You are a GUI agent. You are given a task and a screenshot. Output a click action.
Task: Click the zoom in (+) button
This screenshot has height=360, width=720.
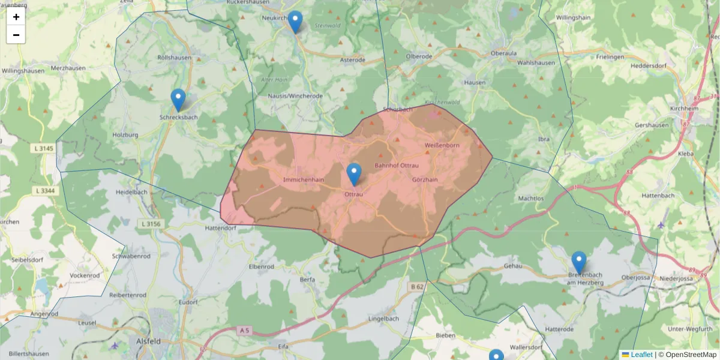(x=16, y=17)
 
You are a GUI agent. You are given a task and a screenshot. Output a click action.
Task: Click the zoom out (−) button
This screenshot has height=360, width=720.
(x=16, y=35)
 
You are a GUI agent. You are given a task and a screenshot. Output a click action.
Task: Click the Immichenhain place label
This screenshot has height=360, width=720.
(x=304, y=179)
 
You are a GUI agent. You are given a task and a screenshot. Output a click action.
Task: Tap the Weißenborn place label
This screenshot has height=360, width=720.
(x=442, y=146)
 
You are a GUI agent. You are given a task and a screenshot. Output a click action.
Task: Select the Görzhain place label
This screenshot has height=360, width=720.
(x=425, y=179)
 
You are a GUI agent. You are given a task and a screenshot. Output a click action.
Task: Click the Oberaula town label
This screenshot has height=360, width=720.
(x=503, y=53)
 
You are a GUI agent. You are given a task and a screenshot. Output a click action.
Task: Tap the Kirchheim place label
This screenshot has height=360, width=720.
(x=686, y=108)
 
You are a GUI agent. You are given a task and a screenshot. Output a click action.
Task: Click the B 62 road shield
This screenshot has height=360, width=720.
(x=417, y=287)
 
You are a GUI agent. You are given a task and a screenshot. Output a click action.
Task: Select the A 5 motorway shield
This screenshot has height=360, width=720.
(x=244, y=330)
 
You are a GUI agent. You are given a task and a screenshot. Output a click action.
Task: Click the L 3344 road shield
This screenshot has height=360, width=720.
(x=45, y=191)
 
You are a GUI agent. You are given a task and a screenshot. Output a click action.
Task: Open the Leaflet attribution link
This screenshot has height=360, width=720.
(x=641, y=355)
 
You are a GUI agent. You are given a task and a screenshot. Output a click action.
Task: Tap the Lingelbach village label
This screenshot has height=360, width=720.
(x=383, y=318)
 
